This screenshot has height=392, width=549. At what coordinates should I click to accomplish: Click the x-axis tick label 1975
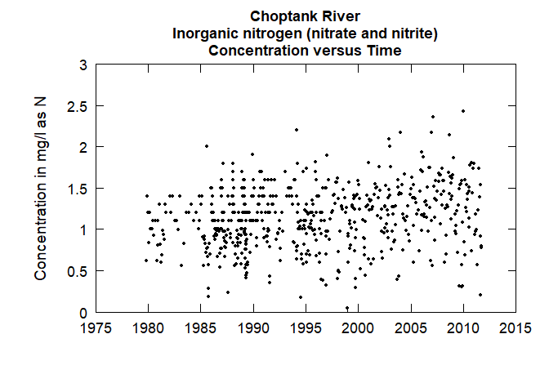tap(96, 329)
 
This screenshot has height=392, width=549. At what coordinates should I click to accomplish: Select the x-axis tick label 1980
tap(149, 329)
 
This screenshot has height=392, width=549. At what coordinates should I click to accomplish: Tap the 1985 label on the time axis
tap(201, 329)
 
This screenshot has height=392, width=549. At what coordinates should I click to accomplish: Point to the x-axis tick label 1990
tap(253, 329)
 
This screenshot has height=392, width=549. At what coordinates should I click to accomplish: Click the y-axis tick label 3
tap(83, 65)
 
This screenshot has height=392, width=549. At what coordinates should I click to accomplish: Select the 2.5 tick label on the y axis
tap(76, 106)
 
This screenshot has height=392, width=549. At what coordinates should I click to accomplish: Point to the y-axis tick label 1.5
tap(76, 189)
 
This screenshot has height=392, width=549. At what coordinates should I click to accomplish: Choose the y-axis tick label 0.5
tap(76, 271)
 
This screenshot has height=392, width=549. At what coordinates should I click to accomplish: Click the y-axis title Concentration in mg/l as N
tap(40, 189)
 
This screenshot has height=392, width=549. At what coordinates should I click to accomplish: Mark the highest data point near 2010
tap(463, 111)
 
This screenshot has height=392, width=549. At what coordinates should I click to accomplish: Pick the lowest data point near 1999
tap(347, 308)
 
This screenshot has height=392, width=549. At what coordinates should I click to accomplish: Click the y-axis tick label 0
tap(83, 313)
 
